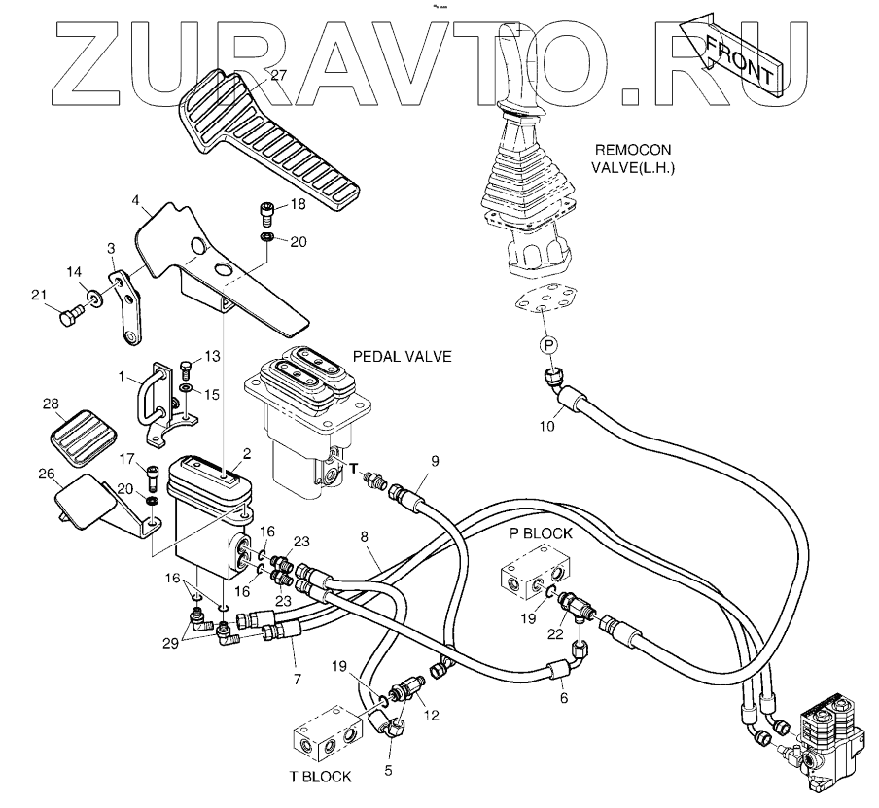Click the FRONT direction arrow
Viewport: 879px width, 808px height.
click(x=738, y=56)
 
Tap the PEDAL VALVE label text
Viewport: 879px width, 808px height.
click(x=403, y=357)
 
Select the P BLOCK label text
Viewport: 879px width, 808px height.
click(x=542, y=534)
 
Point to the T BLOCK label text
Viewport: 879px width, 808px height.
click(x=320, y=776)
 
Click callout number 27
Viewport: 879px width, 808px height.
click(x=279, y=75)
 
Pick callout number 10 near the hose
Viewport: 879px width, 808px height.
click(x=548, y=424)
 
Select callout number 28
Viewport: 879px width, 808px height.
click(x=52, y=403)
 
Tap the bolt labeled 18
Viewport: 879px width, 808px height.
click(x=265, y=208)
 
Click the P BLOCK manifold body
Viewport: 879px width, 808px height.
click(x=531, y=577)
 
